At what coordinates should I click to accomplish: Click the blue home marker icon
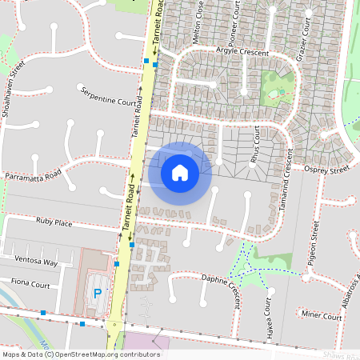pyautogui.click(x=180, y=173)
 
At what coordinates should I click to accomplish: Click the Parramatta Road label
pyautogui.click(x=33, y=176)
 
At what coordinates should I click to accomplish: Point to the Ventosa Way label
pyautogui.click(x=39, y=262)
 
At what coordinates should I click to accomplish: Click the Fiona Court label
pyautogui.click(x=30, y=284)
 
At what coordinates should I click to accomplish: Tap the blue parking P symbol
pyautogui.click(x=98, y=293)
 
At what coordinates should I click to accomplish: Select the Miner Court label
pyautogui.click(x=322, y=318)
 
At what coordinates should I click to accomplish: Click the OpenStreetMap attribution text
pyautogui.click(x=81, y=354)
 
